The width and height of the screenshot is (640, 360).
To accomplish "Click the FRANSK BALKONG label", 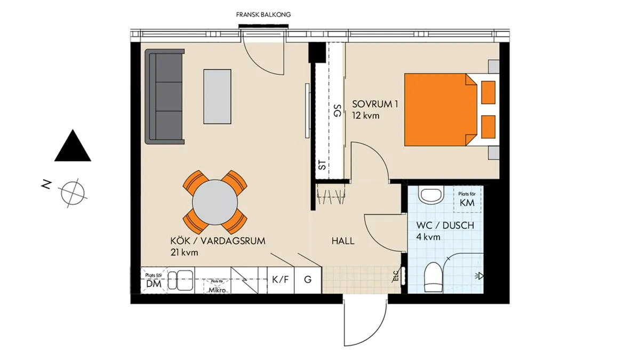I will [263, 15].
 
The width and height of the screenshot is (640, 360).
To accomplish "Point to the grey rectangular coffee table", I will [218, 96].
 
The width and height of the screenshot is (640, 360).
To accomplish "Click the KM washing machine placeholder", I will [468, 200].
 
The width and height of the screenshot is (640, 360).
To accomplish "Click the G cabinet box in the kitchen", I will [308, 279].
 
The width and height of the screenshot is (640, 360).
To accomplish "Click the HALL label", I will [343, 241].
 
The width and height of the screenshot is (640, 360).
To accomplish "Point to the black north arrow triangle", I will [73, 146].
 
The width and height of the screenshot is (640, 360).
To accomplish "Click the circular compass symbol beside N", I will [73, 191].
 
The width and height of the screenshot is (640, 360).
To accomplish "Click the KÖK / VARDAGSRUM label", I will [218, 242].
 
